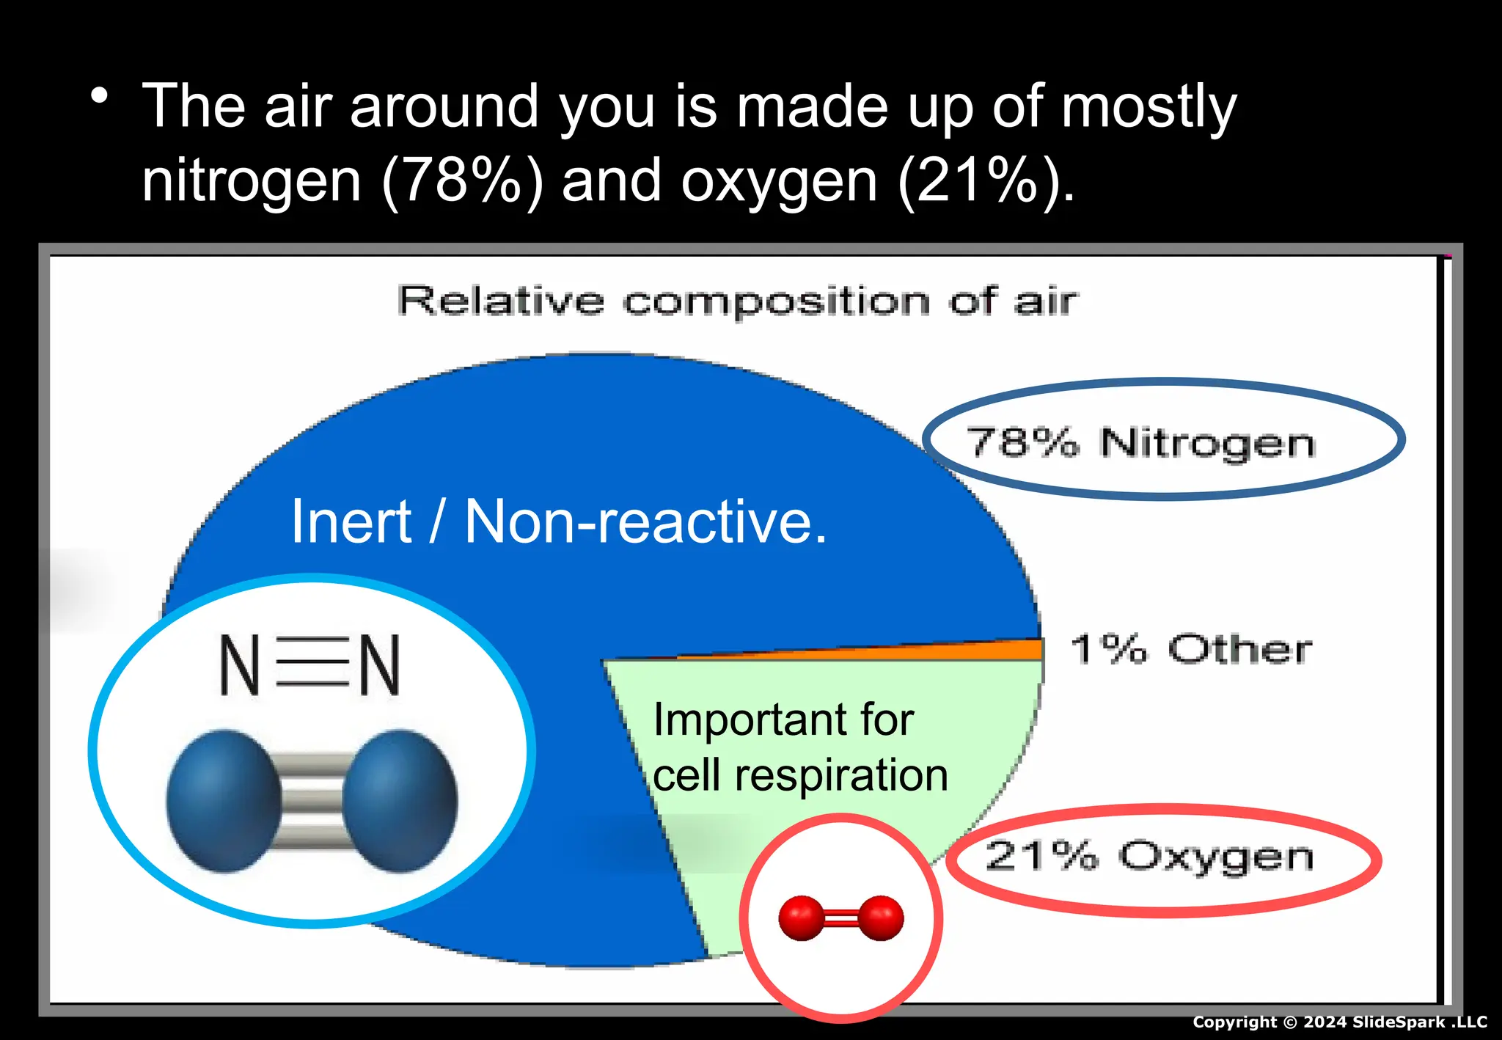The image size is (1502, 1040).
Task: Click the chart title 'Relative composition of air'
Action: [x=737, y=301]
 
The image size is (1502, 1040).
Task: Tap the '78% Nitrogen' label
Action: [x=1141, y=442]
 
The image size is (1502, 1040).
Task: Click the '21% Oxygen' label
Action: [x=1149, y=856]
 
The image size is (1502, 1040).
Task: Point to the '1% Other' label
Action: [x=1191, y=649]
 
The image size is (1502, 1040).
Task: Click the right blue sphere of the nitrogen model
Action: [x=400, y=801]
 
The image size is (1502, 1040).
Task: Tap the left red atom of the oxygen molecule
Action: [x=801, y=918]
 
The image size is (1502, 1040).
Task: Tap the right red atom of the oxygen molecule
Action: [x=881, y=918]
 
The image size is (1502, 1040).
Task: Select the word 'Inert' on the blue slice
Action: [x=351, y=521]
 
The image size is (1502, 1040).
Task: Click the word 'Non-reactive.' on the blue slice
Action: [x=645, y=521]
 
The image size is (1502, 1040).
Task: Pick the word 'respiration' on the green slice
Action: [x=841, y=776]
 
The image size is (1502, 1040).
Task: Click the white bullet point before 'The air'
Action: [x=100, y=96]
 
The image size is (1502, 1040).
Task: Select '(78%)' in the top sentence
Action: [x=463, y=180]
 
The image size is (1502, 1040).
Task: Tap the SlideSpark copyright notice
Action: [x=1339, y=1022]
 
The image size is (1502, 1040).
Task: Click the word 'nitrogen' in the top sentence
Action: [x=252, y=182]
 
